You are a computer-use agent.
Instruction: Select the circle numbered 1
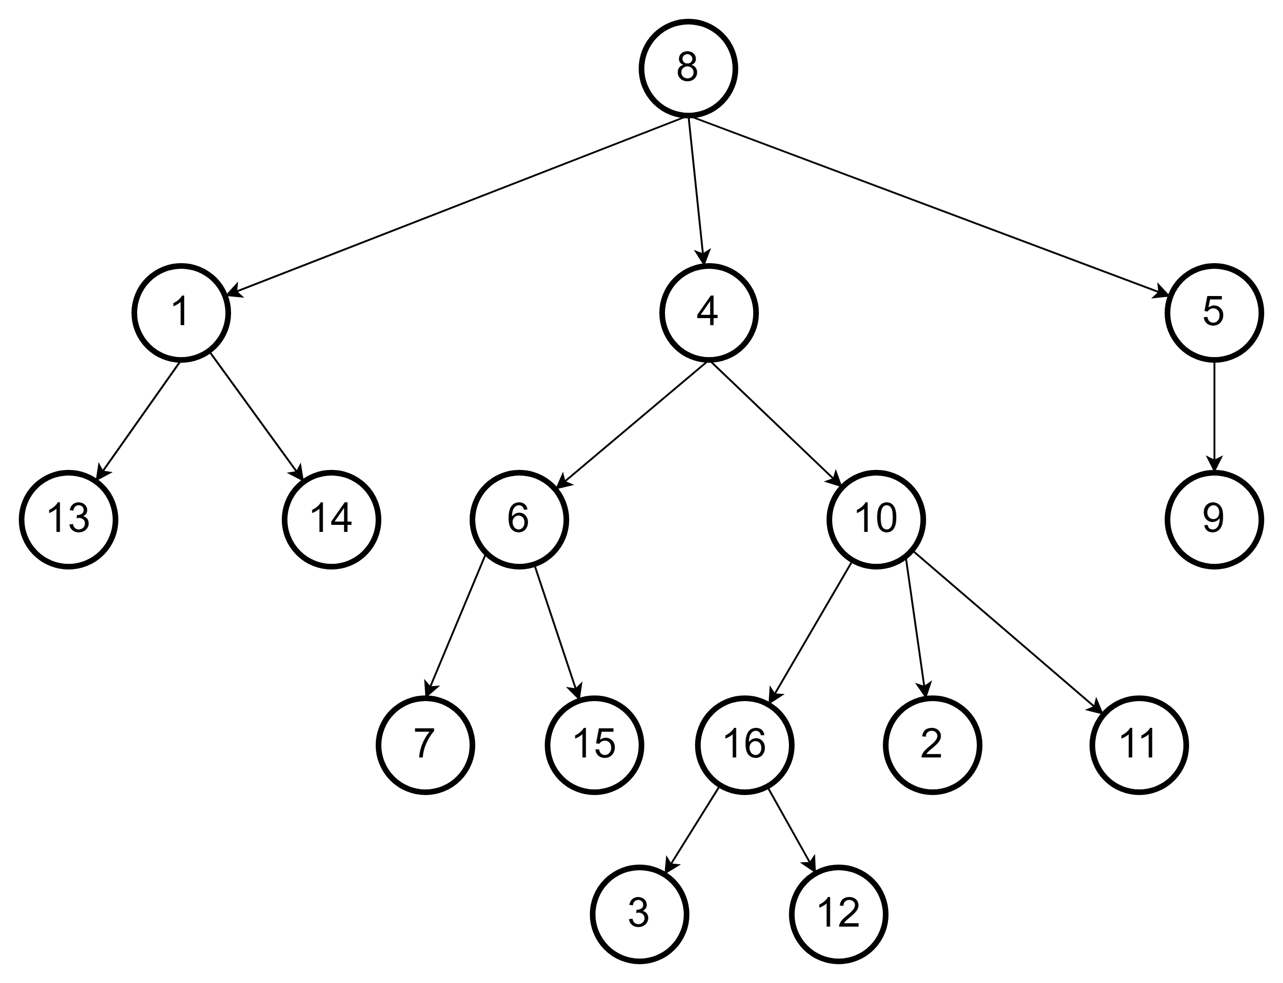pyautogui.click(x=181, y=313)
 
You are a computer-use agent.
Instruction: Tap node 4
pyautogui.click(x=709, y=313)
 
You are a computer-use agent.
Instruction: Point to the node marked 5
pyautogui.click(x=1214, y=313)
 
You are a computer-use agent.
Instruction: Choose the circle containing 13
pyautogui.click(x=69, y=520)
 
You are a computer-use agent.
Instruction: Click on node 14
pyautogui.click(x=332, y=520)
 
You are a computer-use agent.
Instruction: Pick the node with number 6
pyautogui.click(x=519, y=520)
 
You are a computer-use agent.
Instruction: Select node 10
pyautogui.click(x=876, y=520)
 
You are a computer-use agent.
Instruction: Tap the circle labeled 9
pyautogui.click(x=1214, y=520)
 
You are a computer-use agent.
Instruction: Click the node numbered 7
pyautogui.click(x=425, y=745)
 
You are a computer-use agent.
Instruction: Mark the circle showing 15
pyautogui.click(x=594, y=745)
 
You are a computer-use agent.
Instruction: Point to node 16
pyautogui.click(x=744, y=745)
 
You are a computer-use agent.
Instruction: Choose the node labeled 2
pyautogui.click(x=932, y=745)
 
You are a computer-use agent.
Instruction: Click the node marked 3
pyautogui.click(x=639, y=914)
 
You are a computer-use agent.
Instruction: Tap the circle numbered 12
pyautogui.click(x=839, y=914)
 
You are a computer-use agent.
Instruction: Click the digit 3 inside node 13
pyautogui.click(x=78, y=518)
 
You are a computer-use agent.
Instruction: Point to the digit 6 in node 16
pyautogui.click(x=754, y=744)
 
